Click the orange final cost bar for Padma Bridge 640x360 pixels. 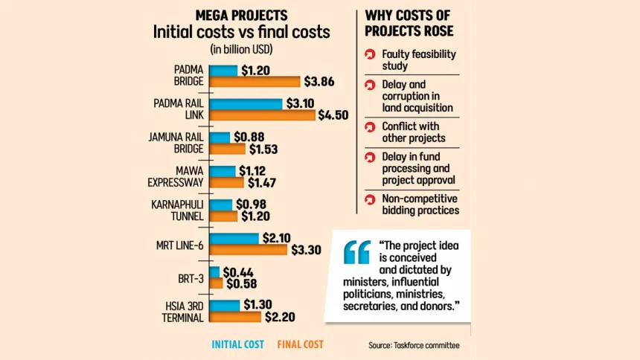point(254,82)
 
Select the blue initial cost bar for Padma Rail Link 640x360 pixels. point(246,103)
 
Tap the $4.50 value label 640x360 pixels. point(333,115)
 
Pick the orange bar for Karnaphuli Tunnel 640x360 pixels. point(223,216)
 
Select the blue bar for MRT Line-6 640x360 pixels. point(234,238)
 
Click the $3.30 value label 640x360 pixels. point(306,250)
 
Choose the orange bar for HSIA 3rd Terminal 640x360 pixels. point(235,317)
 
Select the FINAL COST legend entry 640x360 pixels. point(300,344)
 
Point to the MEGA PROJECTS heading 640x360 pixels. point(241,15)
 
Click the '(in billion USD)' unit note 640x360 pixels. point(241,51)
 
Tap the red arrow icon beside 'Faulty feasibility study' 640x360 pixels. point(369,55)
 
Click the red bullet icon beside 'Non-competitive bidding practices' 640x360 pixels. point(369,199)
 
